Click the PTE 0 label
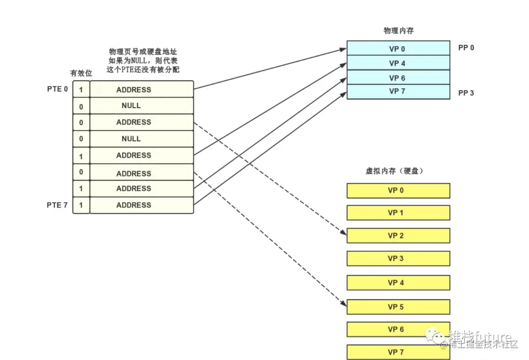click(57, 89)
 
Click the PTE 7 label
click(57, 205)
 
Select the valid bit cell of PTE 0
click(81, 90)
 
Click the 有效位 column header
click(81, 73)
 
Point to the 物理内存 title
click(398, 30)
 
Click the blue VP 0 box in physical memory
click(398, 48)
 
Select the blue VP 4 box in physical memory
click(398, 63)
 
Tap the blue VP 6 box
click(398, 77)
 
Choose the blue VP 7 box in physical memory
click(398, 92)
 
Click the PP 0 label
click(466, 48)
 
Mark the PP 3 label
click(466, 93)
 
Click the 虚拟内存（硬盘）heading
click(394, 171)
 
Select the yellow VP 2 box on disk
click(398, 236)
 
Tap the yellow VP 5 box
click(398, 307)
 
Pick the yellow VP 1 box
click(398, 213)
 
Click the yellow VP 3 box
click(398, 258)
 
